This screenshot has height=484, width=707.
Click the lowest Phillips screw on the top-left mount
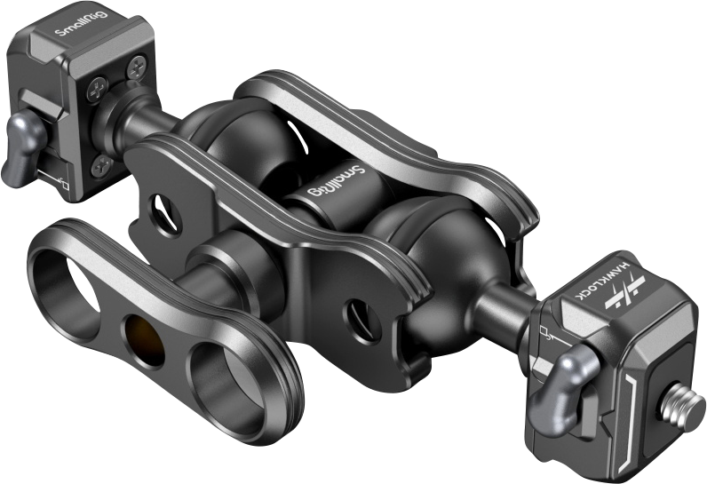pos(105,162)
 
